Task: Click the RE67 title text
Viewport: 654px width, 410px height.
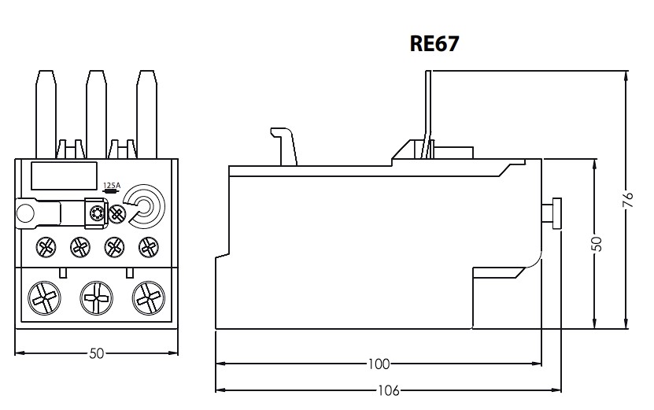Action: point(434,43)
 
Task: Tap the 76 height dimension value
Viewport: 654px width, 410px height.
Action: point(629,199)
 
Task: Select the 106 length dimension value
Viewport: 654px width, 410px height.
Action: point(388,391)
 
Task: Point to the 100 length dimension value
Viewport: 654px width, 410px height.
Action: point(379,364)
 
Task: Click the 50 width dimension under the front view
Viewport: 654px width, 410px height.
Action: point(96,353)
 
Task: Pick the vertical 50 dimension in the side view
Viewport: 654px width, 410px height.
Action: point(597,244)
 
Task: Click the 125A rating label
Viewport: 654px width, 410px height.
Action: point(112,185)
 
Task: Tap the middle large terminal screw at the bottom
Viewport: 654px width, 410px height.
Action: point(96,297)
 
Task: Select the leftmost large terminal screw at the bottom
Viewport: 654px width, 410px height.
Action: point(44,297)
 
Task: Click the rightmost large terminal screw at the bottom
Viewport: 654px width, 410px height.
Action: point(149,297)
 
